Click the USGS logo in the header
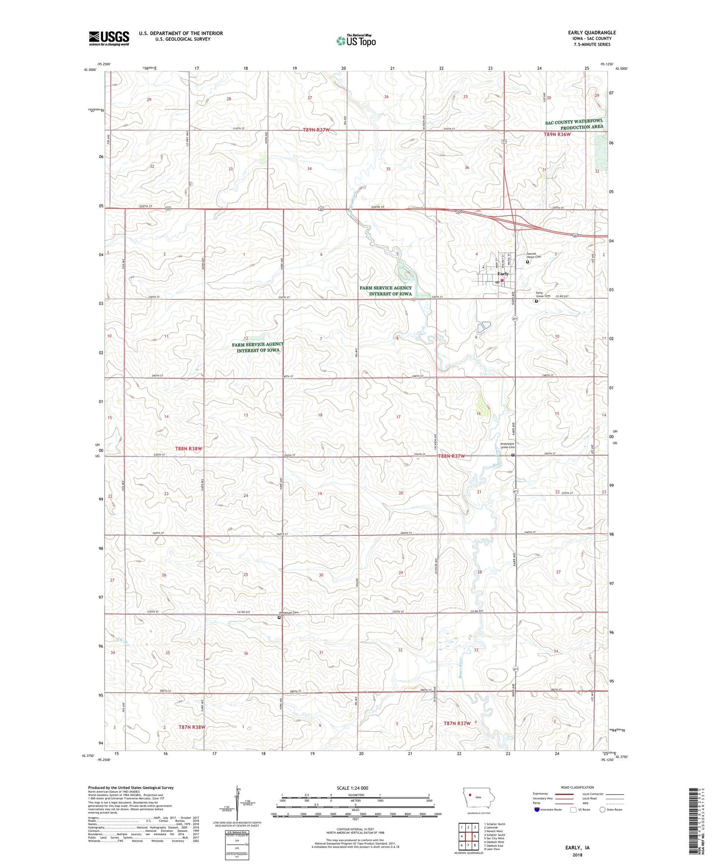[109, 38]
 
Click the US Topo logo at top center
[356, 41]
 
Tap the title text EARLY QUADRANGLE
[592, 33]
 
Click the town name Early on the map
[503, 274]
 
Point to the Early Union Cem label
[543, 294]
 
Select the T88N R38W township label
[189, 448]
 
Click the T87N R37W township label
[457, 724]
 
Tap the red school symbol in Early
[502, 280]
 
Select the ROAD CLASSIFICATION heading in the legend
[578, 788]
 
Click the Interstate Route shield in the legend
[538, 810]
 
